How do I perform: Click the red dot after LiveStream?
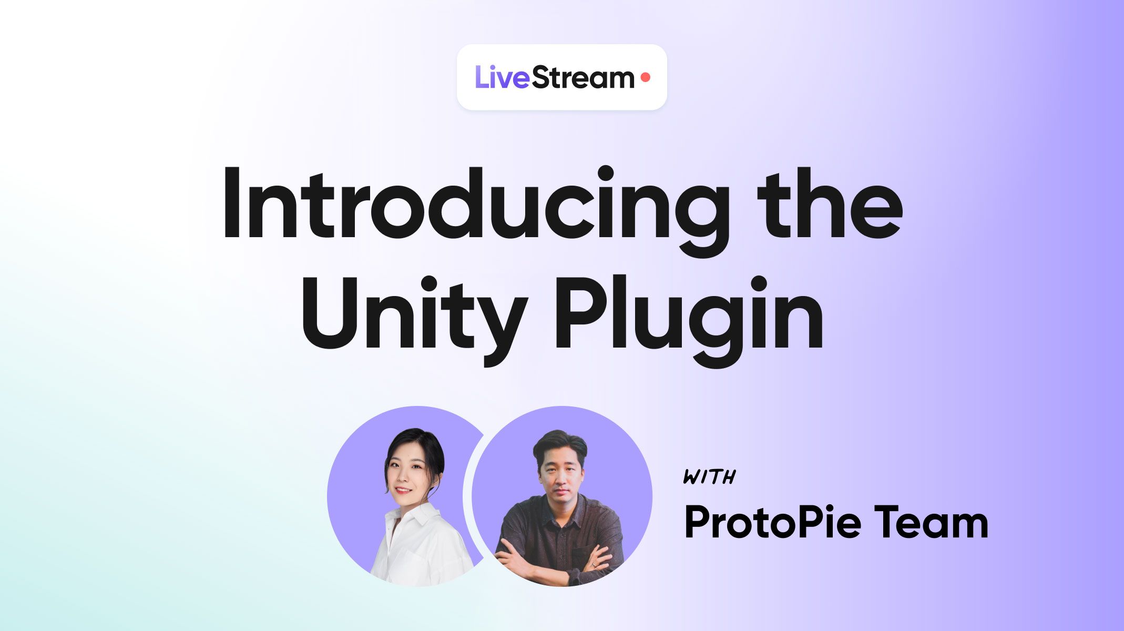646,78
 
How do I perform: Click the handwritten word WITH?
709,477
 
